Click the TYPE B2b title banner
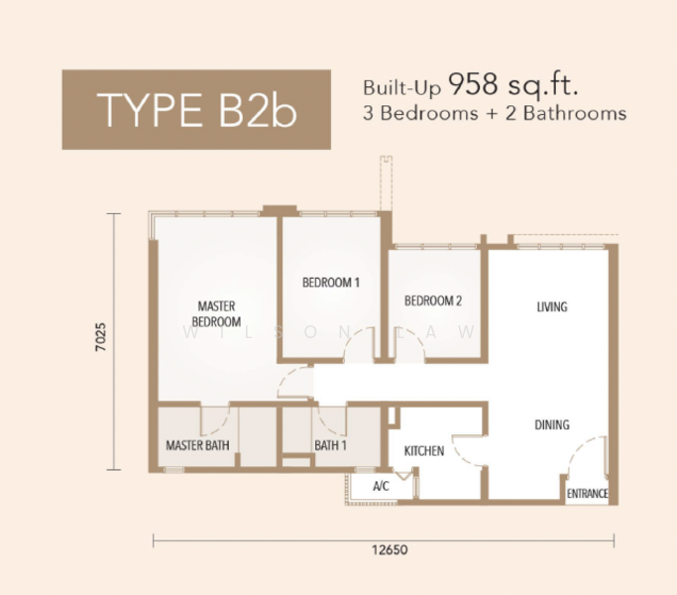pos(196,109)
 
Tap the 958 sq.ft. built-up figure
pos(512,86)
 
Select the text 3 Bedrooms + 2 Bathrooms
pos(495,113)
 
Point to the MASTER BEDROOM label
pos(216,314)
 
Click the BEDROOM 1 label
pos(331,283)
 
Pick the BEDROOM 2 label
pos(433,300)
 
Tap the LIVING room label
pos(552,306)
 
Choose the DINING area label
pos(552,424)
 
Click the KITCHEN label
pos(424,451)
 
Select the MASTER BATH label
pos(197,445)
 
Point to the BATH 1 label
pos(330,445)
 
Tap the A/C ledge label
pos(381,486)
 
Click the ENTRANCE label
pos(587,494)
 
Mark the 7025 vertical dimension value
pos(100,336)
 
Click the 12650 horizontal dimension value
pos(390,549)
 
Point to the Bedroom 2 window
pos(436,247)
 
